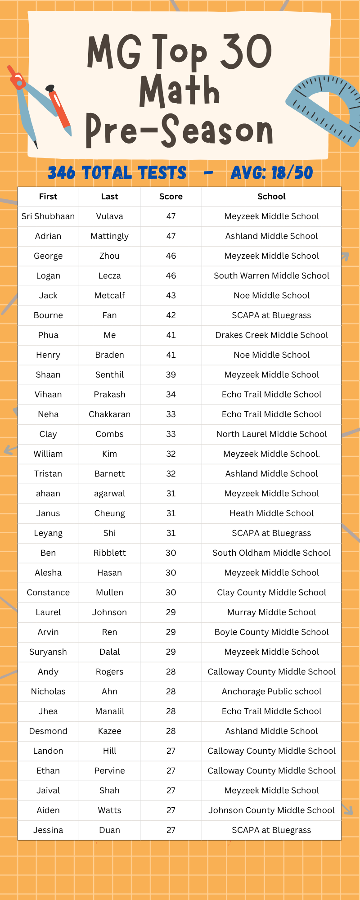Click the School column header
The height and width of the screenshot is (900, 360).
pyautogui.click(x=271, y=197)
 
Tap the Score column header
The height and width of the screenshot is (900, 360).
pyautogui.click(x=171, y=197)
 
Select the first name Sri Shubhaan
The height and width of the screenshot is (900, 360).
pyautogui.click(x=48, y=216)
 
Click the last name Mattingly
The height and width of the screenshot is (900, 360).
pyautogui.click(x=109, y=236)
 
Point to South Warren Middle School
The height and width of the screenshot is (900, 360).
pyautogui.click(x=271, y=276)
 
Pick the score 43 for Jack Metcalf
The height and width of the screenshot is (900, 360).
pyautogui.click(x=171, y=296)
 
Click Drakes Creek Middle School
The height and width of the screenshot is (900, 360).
pyautogui.click(x=271, y=335)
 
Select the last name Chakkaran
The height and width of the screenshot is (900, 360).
pyautogui.click(x=109, y=414)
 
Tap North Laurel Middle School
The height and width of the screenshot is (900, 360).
pyautogui.click(x=271, y=434)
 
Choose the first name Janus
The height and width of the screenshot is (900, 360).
pyautogui.click(x=48, y=513)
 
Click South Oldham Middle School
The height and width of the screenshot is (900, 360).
pyautogui.click(x=271, y=553)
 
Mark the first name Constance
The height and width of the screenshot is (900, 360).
pyautogui.click(x=48, y=593)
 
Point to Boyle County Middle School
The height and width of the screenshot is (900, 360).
pyautogui.click(x=271, y=632)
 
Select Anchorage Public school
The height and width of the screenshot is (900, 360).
pyautogui.click(x=271, y=692)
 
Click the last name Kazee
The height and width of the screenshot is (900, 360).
pyautogui.click(x=109, y=731)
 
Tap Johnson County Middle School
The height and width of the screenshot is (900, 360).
pyautogui.click(x=271, y=810)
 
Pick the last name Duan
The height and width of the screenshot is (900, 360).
pyautogui.click(x=109, y=830)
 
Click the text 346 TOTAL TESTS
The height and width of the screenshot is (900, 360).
pyautogui.click(x=117, y=173)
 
